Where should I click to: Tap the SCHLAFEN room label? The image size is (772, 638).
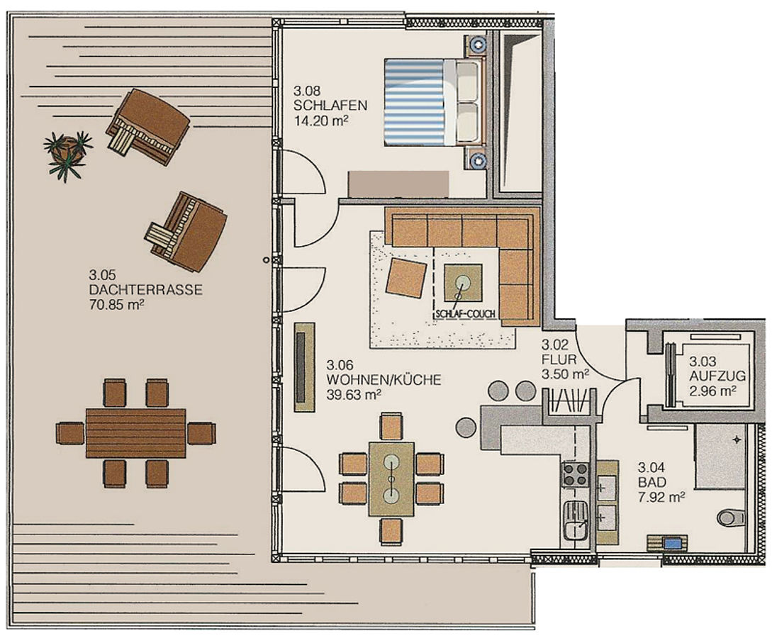pos(330,106)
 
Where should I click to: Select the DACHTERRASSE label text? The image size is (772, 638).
pos(146,289)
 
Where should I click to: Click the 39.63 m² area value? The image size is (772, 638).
pos(354,394)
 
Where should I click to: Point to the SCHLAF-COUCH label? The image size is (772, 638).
pos(465,313)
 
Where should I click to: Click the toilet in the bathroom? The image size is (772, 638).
pos(731,518)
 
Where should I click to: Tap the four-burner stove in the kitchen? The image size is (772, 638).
pos(576,474)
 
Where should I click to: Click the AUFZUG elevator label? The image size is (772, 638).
pos(717,376)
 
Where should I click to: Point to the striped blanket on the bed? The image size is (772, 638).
pos(415,102)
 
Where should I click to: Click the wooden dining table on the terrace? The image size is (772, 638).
pos(136,433)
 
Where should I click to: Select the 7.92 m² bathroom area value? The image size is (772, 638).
pos(661,497)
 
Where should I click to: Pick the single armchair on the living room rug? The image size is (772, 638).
pos(406,278)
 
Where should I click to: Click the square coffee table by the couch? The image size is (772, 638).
pos(463,283)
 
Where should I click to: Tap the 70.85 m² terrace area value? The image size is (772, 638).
pos(117,305)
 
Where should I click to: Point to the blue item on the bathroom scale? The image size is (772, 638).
pos(673,544)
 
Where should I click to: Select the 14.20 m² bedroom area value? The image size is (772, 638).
pos(321,121)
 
